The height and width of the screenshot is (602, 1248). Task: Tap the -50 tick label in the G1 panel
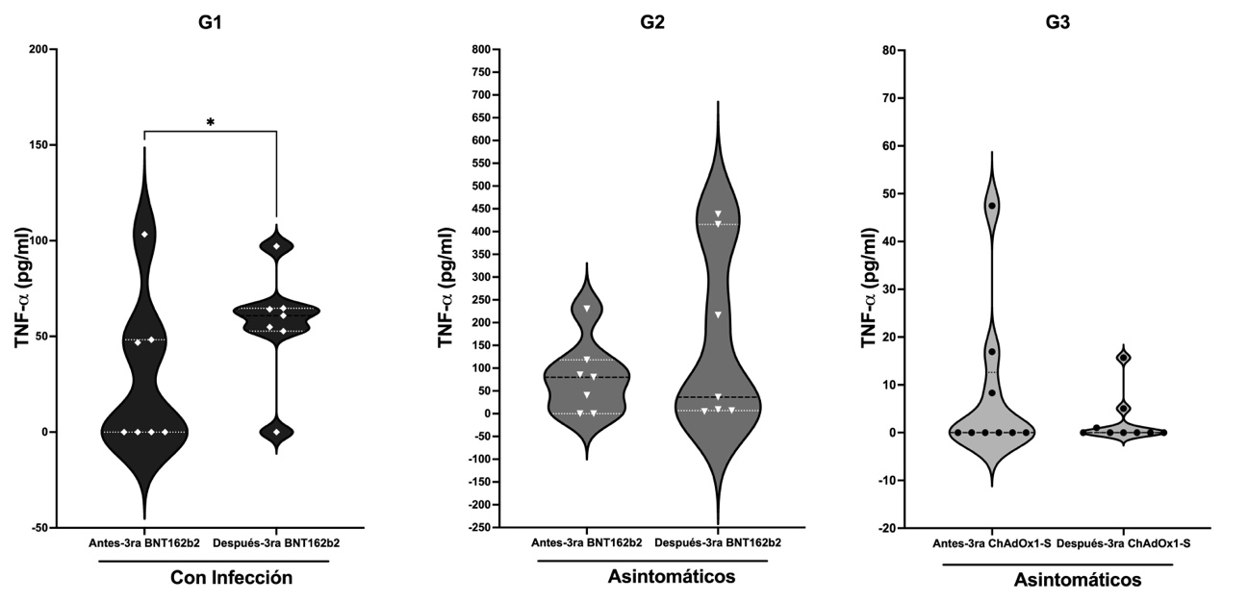(40, 528)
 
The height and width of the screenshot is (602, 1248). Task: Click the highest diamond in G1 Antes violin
(144, 235)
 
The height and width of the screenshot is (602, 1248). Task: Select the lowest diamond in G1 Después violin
(276, 432)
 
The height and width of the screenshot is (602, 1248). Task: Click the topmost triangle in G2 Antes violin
(587, 309)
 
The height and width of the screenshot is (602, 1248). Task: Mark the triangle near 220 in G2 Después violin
(718, 314)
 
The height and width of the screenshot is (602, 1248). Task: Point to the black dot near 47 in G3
(991, 206)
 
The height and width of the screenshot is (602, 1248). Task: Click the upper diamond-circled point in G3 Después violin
(1123, 358)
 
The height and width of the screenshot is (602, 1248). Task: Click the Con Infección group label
(231, 578)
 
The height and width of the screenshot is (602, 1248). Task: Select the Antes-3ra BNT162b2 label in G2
(587, 543)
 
